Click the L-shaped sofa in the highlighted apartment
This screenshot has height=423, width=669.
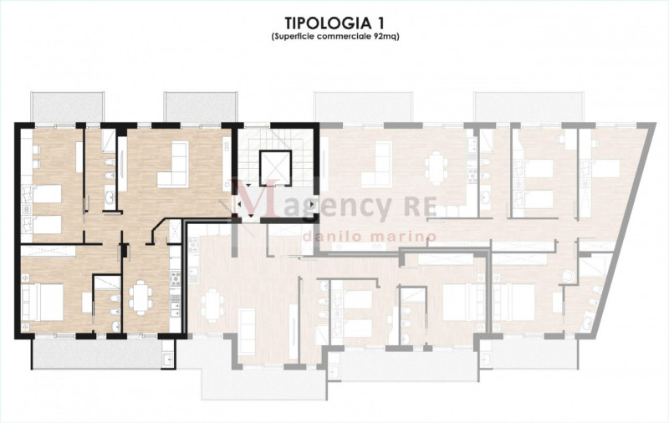(x=173, y=165)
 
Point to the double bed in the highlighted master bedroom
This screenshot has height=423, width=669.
(x=43, y=302)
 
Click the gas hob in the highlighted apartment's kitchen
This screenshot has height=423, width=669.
(x=176, y=278)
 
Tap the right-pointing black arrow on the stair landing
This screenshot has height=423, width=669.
(x=312, y=204)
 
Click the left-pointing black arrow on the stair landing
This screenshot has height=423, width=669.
(x=239, y=204)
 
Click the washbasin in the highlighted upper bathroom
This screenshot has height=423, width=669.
(x=110, y=197)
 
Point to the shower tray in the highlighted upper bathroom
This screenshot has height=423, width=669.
(x=108, y=140)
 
